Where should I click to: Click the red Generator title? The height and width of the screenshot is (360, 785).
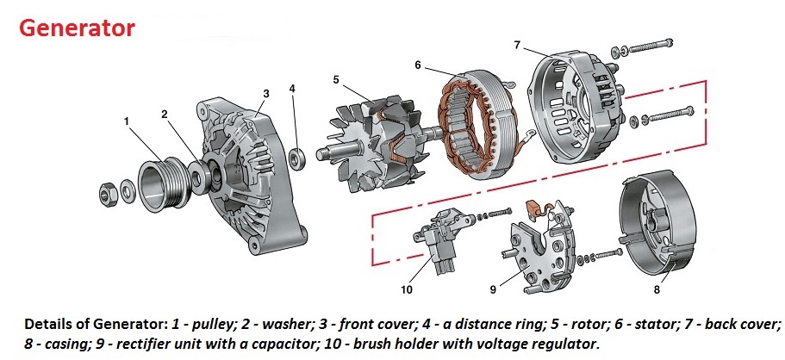[x=78, y=28]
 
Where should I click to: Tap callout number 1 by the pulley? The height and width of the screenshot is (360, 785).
[x=127, y=121]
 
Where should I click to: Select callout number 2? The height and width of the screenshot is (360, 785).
[x=164, y=112]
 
